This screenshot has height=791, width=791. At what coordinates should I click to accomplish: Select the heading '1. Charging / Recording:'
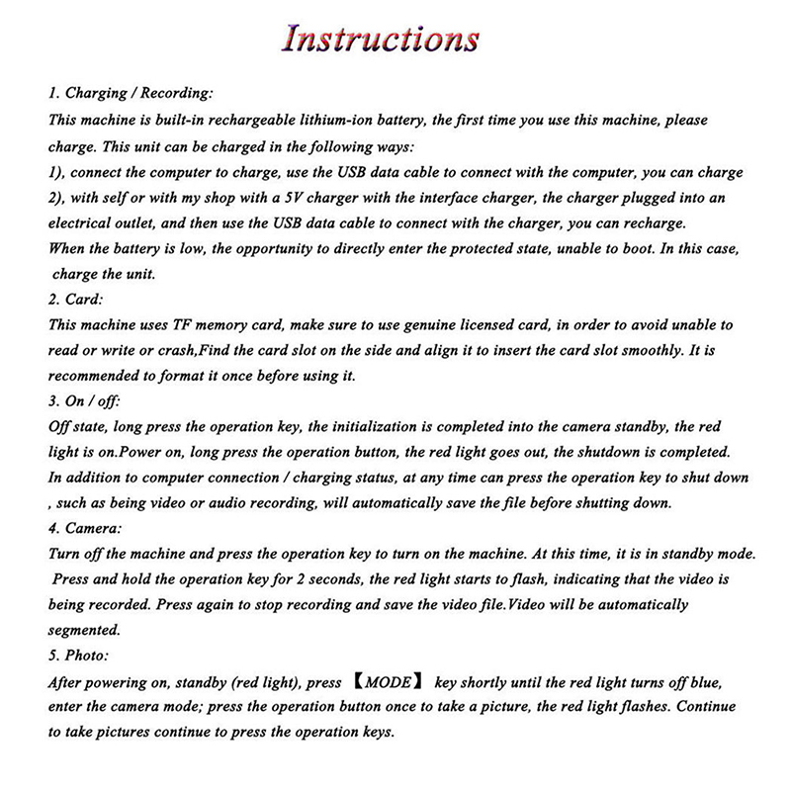pyautogui.click(x=130, y=93)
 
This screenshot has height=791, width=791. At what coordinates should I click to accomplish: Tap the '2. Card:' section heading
pyautogui.click(x=77, y=298)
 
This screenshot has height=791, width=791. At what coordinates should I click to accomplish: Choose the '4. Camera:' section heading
pyautogui.click(x=86, y=528)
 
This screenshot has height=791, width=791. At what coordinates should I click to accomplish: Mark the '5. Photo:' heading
pyautogui.click(x=82, y=656)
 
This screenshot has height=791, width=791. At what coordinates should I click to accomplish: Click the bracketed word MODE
pyautogui.click(x=386, y=681)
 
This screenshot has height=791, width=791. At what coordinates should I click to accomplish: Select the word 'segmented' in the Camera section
pyautogui.click(x=84, y=629)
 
